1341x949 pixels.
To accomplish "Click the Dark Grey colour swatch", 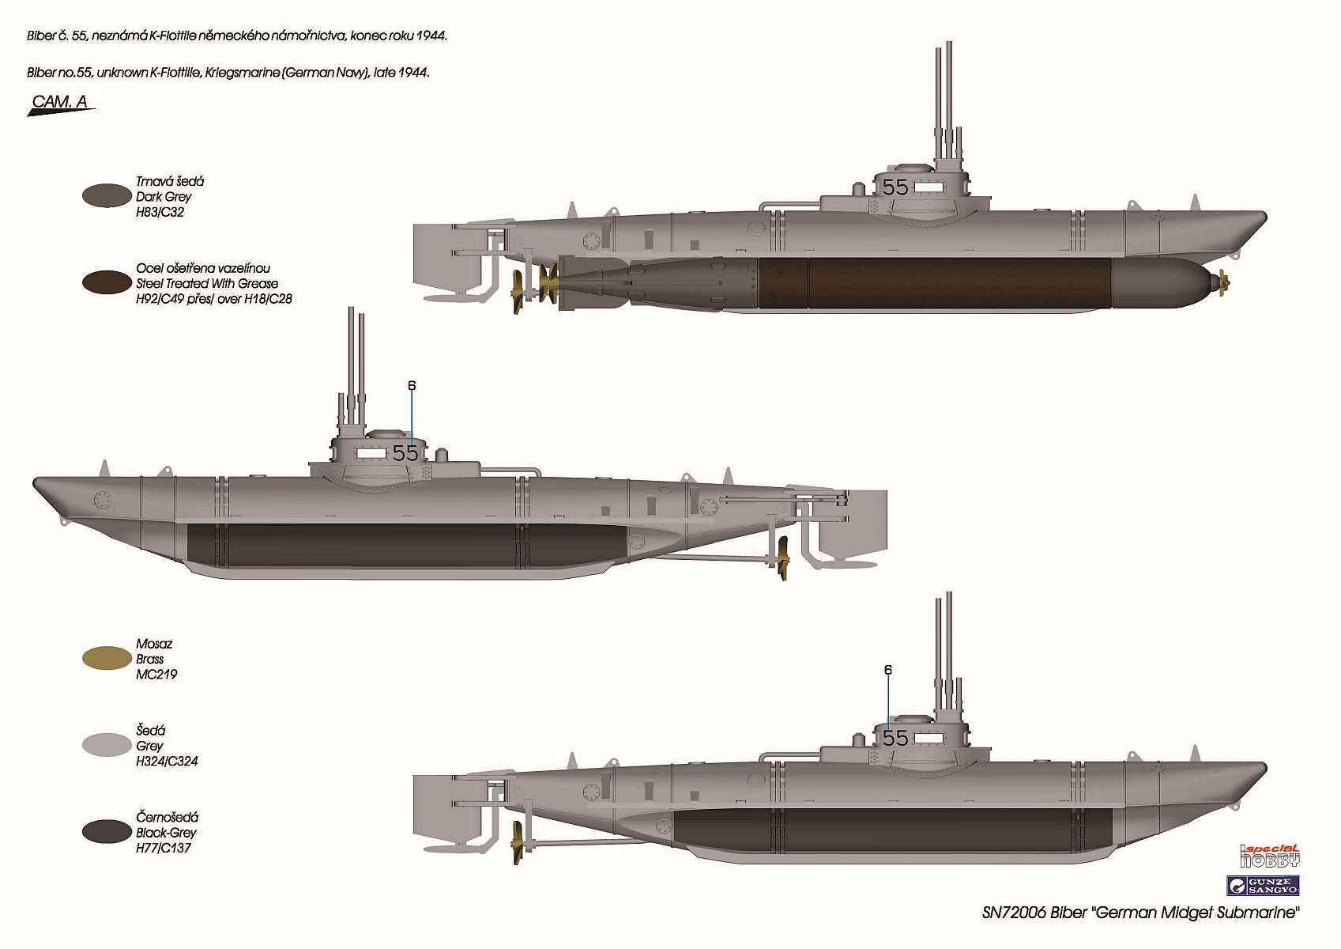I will tap(107, 196).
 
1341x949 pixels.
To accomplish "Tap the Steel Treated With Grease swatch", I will tap(107, 282).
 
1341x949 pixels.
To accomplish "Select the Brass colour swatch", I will tap(107, 658).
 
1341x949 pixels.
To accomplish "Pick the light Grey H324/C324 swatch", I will tap(107, 745).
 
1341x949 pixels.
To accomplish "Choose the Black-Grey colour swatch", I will tap(107, 831).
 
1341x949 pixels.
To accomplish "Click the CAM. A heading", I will tap(60, 102).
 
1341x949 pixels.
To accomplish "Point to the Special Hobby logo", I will tap(1270, 856).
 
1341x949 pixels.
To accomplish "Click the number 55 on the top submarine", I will tap(895, 187).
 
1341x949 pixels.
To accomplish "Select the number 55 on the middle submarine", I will tap(405, 453).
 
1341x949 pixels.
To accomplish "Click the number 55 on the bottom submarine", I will tap(895, 738).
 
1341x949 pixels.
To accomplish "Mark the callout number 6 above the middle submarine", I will tap(412, 386).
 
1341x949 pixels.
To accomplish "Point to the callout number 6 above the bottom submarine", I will tap(888, 670).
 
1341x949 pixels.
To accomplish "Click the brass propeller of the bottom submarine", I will tap(518, 842).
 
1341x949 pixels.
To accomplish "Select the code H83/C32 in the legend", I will tap(160, 212).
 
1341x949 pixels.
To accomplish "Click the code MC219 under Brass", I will tap(156, 675).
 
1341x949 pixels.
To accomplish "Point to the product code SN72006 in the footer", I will tap(1014, 913).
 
